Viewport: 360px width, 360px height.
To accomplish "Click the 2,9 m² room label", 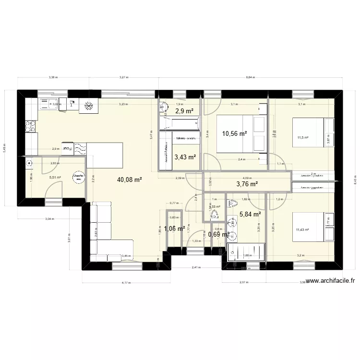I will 184,111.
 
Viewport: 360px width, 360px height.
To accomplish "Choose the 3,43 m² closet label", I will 185,157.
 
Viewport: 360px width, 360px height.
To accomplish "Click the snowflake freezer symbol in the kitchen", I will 89,106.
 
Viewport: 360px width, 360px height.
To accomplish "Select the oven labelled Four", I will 68,149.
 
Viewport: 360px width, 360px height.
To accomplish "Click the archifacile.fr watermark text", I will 331,282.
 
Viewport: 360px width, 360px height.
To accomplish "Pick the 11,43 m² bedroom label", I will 302,230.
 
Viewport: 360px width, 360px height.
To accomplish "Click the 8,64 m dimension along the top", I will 250,77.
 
